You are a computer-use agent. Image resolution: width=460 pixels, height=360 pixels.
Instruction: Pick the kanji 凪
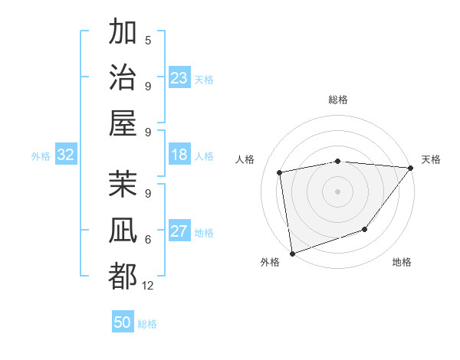tap(123, 231)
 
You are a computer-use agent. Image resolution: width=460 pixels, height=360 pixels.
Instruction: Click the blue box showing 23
tap(179, 78)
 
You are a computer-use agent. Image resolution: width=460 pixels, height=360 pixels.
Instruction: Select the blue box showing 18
tap(179, 155)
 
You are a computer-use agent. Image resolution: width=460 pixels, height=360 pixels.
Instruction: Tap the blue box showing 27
tap(179, 232)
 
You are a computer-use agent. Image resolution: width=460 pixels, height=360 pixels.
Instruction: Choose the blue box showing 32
tap(66, 155)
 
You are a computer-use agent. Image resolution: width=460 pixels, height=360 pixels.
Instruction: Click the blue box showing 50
tap(123, 322)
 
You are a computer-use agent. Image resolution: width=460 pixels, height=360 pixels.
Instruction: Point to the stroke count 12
tap(148, 286)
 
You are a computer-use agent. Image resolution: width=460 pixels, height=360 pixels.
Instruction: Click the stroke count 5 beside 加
tap(148, 41)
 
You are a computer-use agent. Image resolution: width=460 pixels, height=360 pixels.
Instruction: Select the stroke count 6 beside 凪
tap(148, 240)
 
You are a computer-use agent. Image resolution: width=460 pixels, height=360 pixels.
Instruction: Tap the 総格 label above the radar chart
tap(337, 100)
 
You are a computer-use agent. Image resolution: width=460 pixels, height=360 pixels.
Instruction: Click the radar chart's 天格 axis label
tap(431, 159)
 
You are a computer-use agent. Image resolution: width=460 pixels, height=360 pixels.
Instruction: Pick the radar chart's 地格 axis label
tap(402, 263)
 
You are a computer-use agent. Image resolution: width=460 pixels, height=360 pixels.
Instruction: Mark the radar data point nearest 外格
tap(292, 253)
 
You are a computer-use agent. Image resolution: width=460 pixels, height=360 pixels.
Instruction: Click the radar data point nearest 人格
tap(280, 172)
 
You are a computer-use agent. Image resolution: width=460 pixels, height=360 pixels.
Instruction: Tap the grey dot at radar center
tap(337, 190)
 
